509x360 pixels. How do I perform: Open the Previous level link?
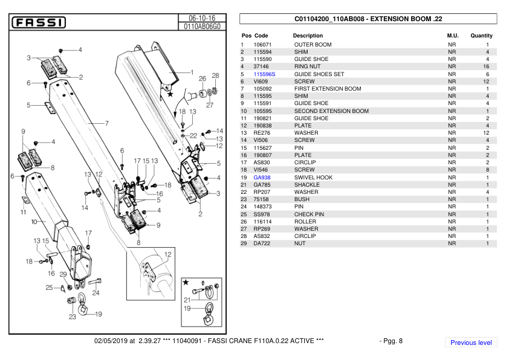pyautogui.click(x=471, y=342)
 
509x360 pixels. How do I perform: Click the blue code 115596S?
pyautogui.click(x=264, y=74)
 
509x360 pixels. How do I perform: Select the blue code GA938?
pyautogui.click(x=262, y=178)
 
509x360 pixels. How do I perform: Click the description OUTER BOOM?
pyautogui.click(x=313, y=45)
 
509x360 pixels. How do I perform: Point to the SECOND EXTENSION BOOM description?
pyautogui.click(x=331, y=111)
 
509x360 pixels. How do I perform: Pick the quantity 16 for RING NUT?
pyautogui.click(x=486, y=66)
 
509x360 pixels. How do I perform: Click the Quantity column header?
pyautogui.click(x=481, y=36)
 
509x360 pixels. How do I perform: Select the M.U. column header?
pyautogui.click(x=452, y=36)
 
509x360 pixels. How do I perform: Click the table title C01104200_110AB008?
pyautogui.click(x=368, y=19)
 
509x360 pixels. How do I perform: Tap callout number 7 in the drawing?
pyautogui.click(x=106, y=124)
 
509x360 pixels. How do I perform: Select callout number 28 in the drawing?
pyautogui.click(x=215, y=76)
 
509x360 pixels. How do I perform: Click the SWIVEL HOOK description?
pyautogui.click(x=313, y=178)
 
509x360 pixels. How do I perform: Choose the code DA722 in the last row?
pyautogui.click(x=261, y=243)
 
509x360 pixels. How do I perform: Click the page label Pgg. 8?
pyautogui.click(x=391, y=341)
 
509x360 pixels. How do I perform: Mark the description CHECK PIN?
pyautogui.click(x=309, y=214)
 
